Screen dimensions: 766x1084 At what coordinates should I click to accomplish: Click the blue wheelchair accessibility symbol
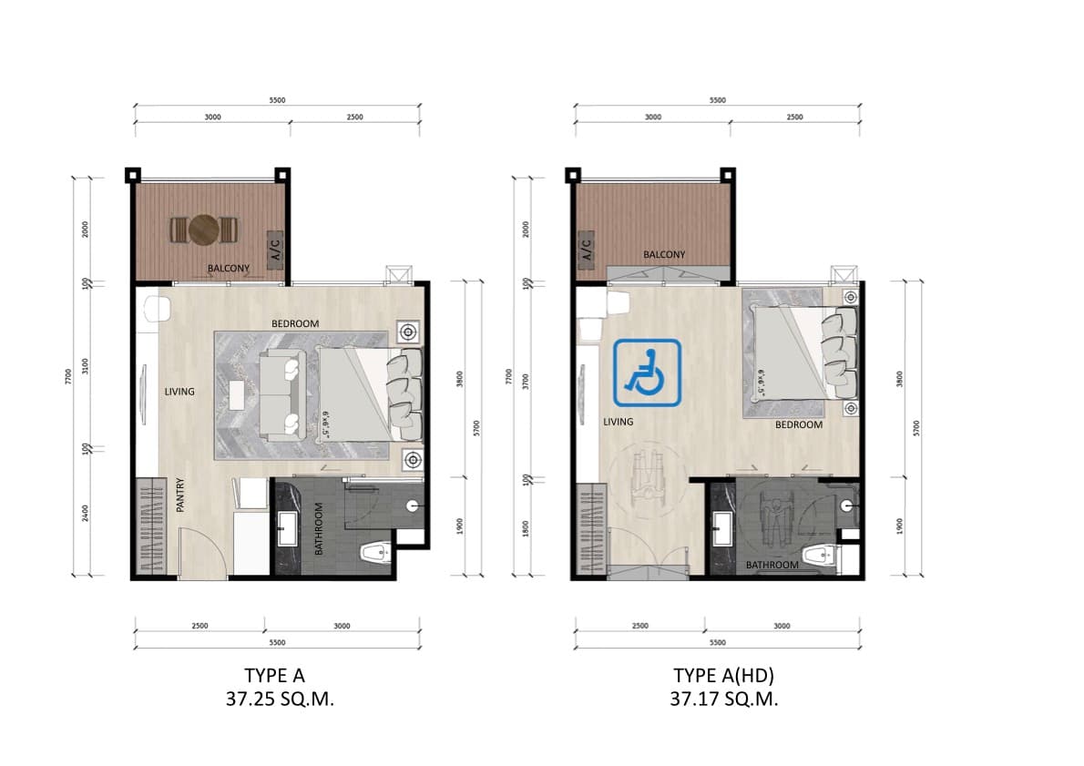[647, 372]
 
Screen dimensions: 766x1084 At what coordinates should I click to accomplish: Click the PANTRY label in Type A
[180, 495]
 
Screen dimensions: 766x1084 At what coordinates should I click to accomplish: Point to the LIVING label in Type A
[179, 392]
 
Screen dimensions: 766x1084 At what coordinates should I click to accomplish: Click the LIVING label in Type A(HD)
[618, 422]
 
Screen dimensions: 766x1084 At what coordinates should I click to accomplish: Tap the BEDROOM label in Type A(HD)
[798, 424]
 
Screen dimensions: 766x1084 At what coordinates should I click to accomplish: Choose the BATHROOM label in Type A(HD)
[772, 565]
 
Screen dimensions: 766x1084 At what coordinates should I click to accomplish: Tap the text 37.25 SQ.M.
[274, 700]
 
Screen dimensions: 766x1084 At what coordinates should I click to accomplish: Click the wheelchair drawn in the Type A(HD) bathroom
[774, 524]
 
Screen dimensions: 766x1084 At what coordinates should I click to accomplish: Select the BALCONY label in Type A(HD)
[664, 255]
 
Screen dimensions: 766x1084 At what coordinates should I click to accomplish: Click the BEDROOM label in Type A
[295, 323]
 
